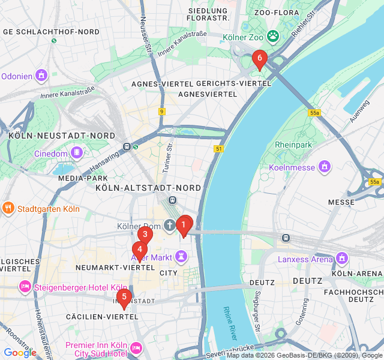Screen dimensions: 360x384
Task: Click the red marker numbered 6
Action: pos(259,59)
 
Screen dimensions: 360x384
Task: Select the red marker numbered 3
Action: pos(144,235)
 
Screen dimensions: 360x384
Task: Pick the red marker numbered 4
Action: pos(139,249)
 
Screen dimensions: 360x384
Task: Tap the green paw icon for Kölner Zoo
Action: pos(273,35)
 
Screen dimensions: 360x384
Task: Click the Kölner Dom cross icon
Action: pos(170,226)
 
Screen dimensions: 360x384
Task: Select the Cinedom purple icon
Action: pos(76,153)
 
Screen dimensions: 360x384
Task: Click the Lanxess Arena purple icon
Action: pos(342,259)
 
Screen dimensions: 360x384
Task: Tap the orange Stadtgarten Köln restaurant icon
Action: pos(8,209)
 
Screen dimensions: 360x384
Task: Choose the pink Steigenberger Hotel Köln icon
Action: pos(25,286)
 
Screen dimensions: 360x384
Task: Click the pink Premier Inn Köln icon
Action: pos(136,347)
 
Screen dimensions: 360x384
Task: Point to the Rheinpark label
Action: pos(294,145)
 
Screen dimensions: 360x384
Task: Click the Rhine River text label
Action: pos(230,323)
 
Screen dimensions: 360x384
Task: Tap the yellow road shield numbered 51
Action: pos(218,148)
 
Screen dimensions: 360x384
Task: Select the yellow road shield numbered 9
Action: pos(162,111)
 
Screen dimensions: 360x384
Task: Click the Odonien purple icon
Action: pos(41,76)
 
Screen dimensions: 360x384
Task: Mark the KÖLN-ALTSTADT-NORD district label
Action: pos(148,188)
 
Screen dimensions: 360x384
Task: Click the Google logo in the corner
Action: pos(20,353)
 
